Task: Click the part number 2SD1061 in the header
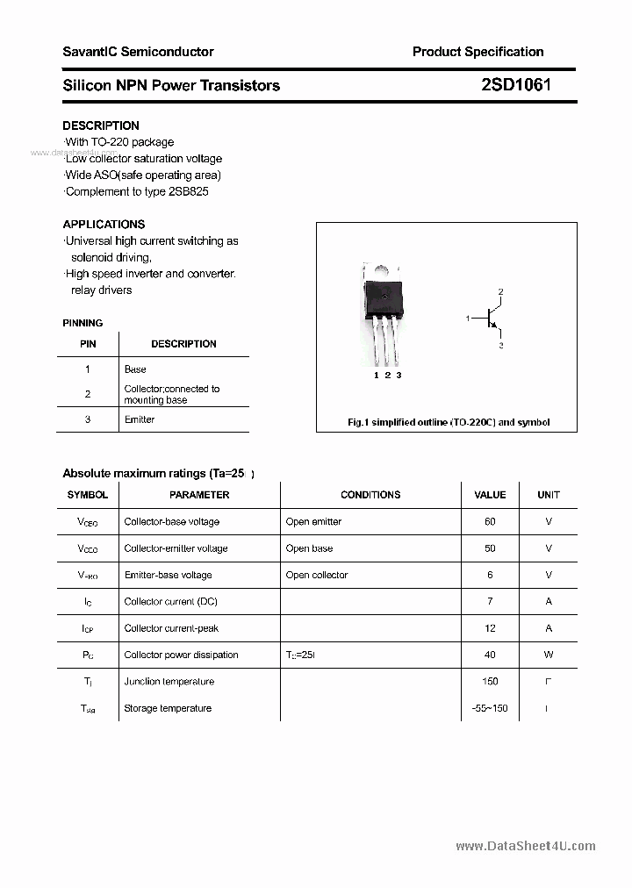[x=516, y=85]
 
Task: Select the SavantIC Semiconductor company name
[x=138, y=52]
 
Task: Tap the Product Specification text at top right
[x=478, y=52]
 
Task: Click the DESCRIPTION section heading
[x=100, y=125]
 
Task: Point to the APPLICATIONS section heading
[x=104, y=224]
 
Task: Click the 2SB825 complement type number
[x=189, y=191]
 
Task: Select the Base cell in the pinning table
[x=135, y=369]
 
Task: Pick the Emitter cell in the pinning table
[x=140, y=419]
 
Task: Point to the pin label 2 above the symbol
[x=500, y=290]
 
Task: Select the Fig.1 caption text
[x=449, y=422]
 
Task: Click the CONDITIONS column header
[x=370, y=495]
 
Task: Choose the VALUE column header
[x=490, y=495]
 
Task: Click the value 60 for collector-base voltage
[x=490, y=521]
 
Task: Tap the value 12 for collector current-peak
[x=490, y=628]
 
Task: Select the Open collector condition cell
[x=317, y=575]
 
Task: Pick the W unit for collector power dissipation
[x=549, y=655]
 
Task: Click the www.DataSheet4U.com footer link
[x=526, y=846]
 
